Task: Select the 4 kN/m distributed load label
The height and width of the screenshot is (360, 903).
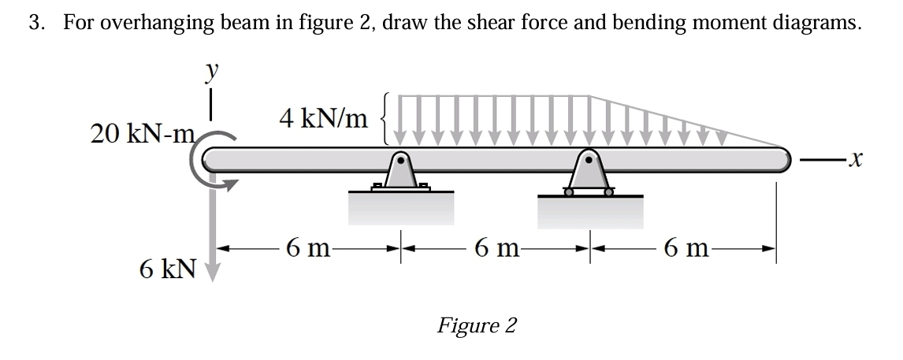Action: [x=323, y=119]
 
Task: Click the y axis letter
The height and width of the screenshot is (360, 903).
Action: [x=211, y=72]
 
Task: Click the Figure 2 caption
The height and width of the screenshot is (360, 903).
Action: [x=477, y=325]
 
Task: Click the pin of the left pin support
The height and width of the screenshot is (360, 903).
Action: [x=401, y=163]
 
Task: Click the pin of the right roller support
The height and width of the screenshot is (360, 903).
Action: [x=588, y=163]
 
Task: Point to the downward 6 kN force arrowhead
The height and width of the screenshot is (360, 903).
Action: [x=211, y=272]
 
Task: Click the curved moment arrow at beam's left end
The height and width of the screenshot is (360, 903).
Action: [x=206, y=165]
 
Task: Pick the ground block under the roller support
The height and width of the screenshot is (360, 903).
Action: [x=590, y=213]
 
